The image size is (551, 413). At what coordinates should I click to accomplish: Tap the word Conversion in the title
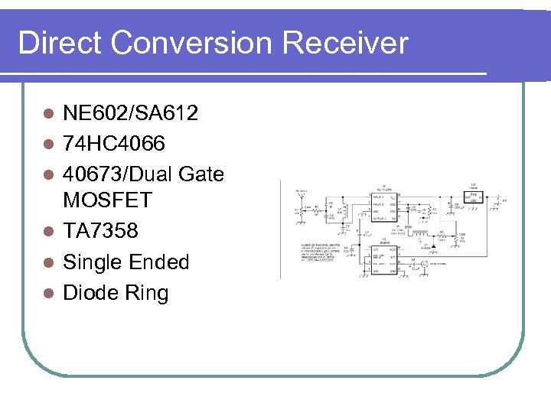point(192,43)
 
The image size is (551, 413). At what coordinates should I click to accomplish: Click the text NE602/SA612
point(131,114)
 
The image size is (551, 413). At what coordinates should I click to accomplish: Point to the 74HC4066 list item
point(114,144)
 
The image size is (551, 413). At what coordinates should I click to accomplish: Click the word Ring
point(148,293)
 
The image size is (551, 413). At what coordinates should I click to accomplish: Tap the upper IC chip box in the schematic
point(383,206)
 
